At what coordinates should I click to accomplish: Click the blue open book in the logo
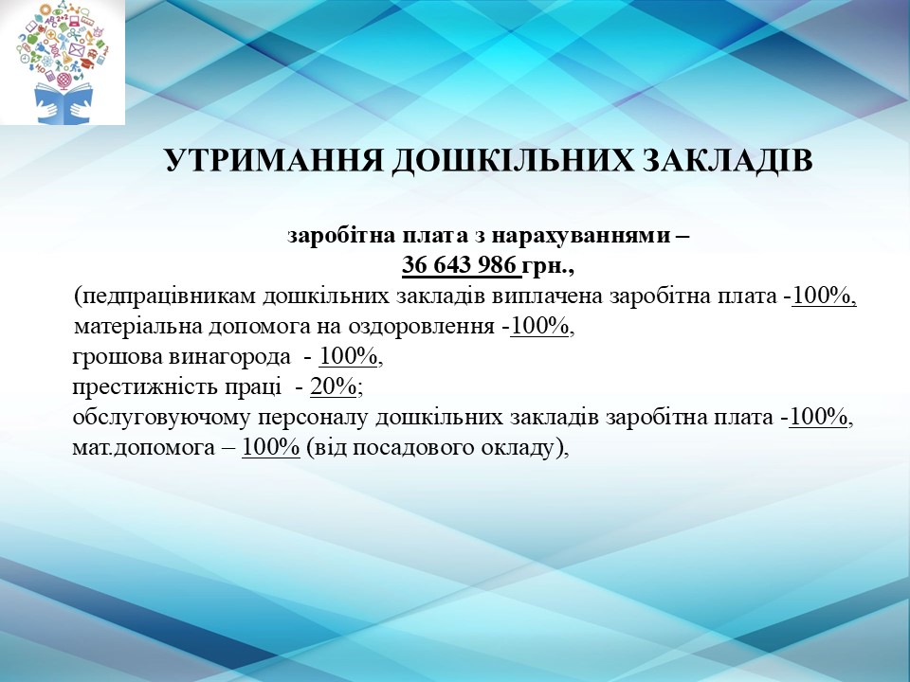(x=64, y=103)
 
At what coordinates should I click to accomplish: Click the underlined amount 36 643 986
(x=459, y=265)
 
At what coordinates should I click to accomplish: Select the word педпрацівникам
(x=165, y=296)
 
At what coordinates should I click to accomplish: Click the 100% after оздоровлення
(x=539, y=327)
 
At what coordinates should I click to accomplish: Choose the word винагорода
(x=229, y=357)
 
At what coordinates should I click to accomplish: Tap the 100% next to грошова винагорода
(x=348, y=357)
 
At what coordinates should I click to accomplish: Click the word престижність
(x=146, y=387)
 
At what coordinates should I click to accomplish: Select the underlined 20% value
(x=333, y=386)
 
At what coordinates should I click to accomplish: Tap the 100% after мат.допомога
(x=271, y=447)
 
